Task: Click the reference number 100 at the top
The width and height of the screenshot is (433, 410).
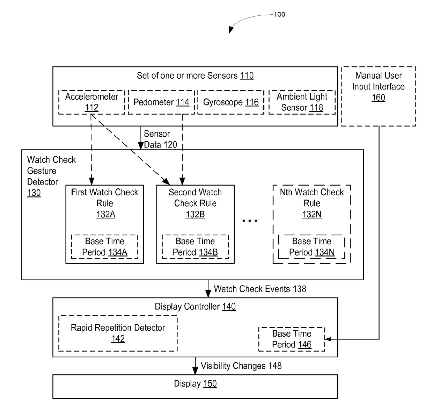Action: (x=279, y=15)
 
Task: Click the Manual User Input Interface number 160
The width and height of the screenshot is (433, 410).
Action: (x=378, y=98)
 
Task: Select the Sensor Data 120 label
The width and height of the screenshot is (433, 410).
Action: (x=160, y=139)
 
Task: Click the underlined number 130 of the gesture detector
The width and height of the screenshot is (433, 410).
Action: (x=34, y=193)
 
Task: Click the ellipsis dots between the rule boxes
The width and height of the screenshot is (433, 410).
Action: (x=250, y=220)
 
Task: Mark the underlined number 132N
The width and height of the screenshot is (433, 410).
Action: (x=311, y=214)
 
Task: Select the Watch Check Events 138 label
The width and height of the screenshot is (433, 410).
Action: (x=260, y=289)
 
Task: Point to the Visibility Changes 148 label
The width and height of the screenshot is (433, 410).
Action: (x=241, y=366)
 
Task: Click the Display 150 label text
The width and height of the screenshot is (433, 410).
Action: (x=195, y=383)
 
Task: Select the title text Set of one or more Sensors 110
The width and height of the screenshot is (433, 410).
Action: (x=195, y=75)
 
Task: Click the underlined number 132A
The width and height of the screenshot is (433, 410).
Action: (x=105, y=214)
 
